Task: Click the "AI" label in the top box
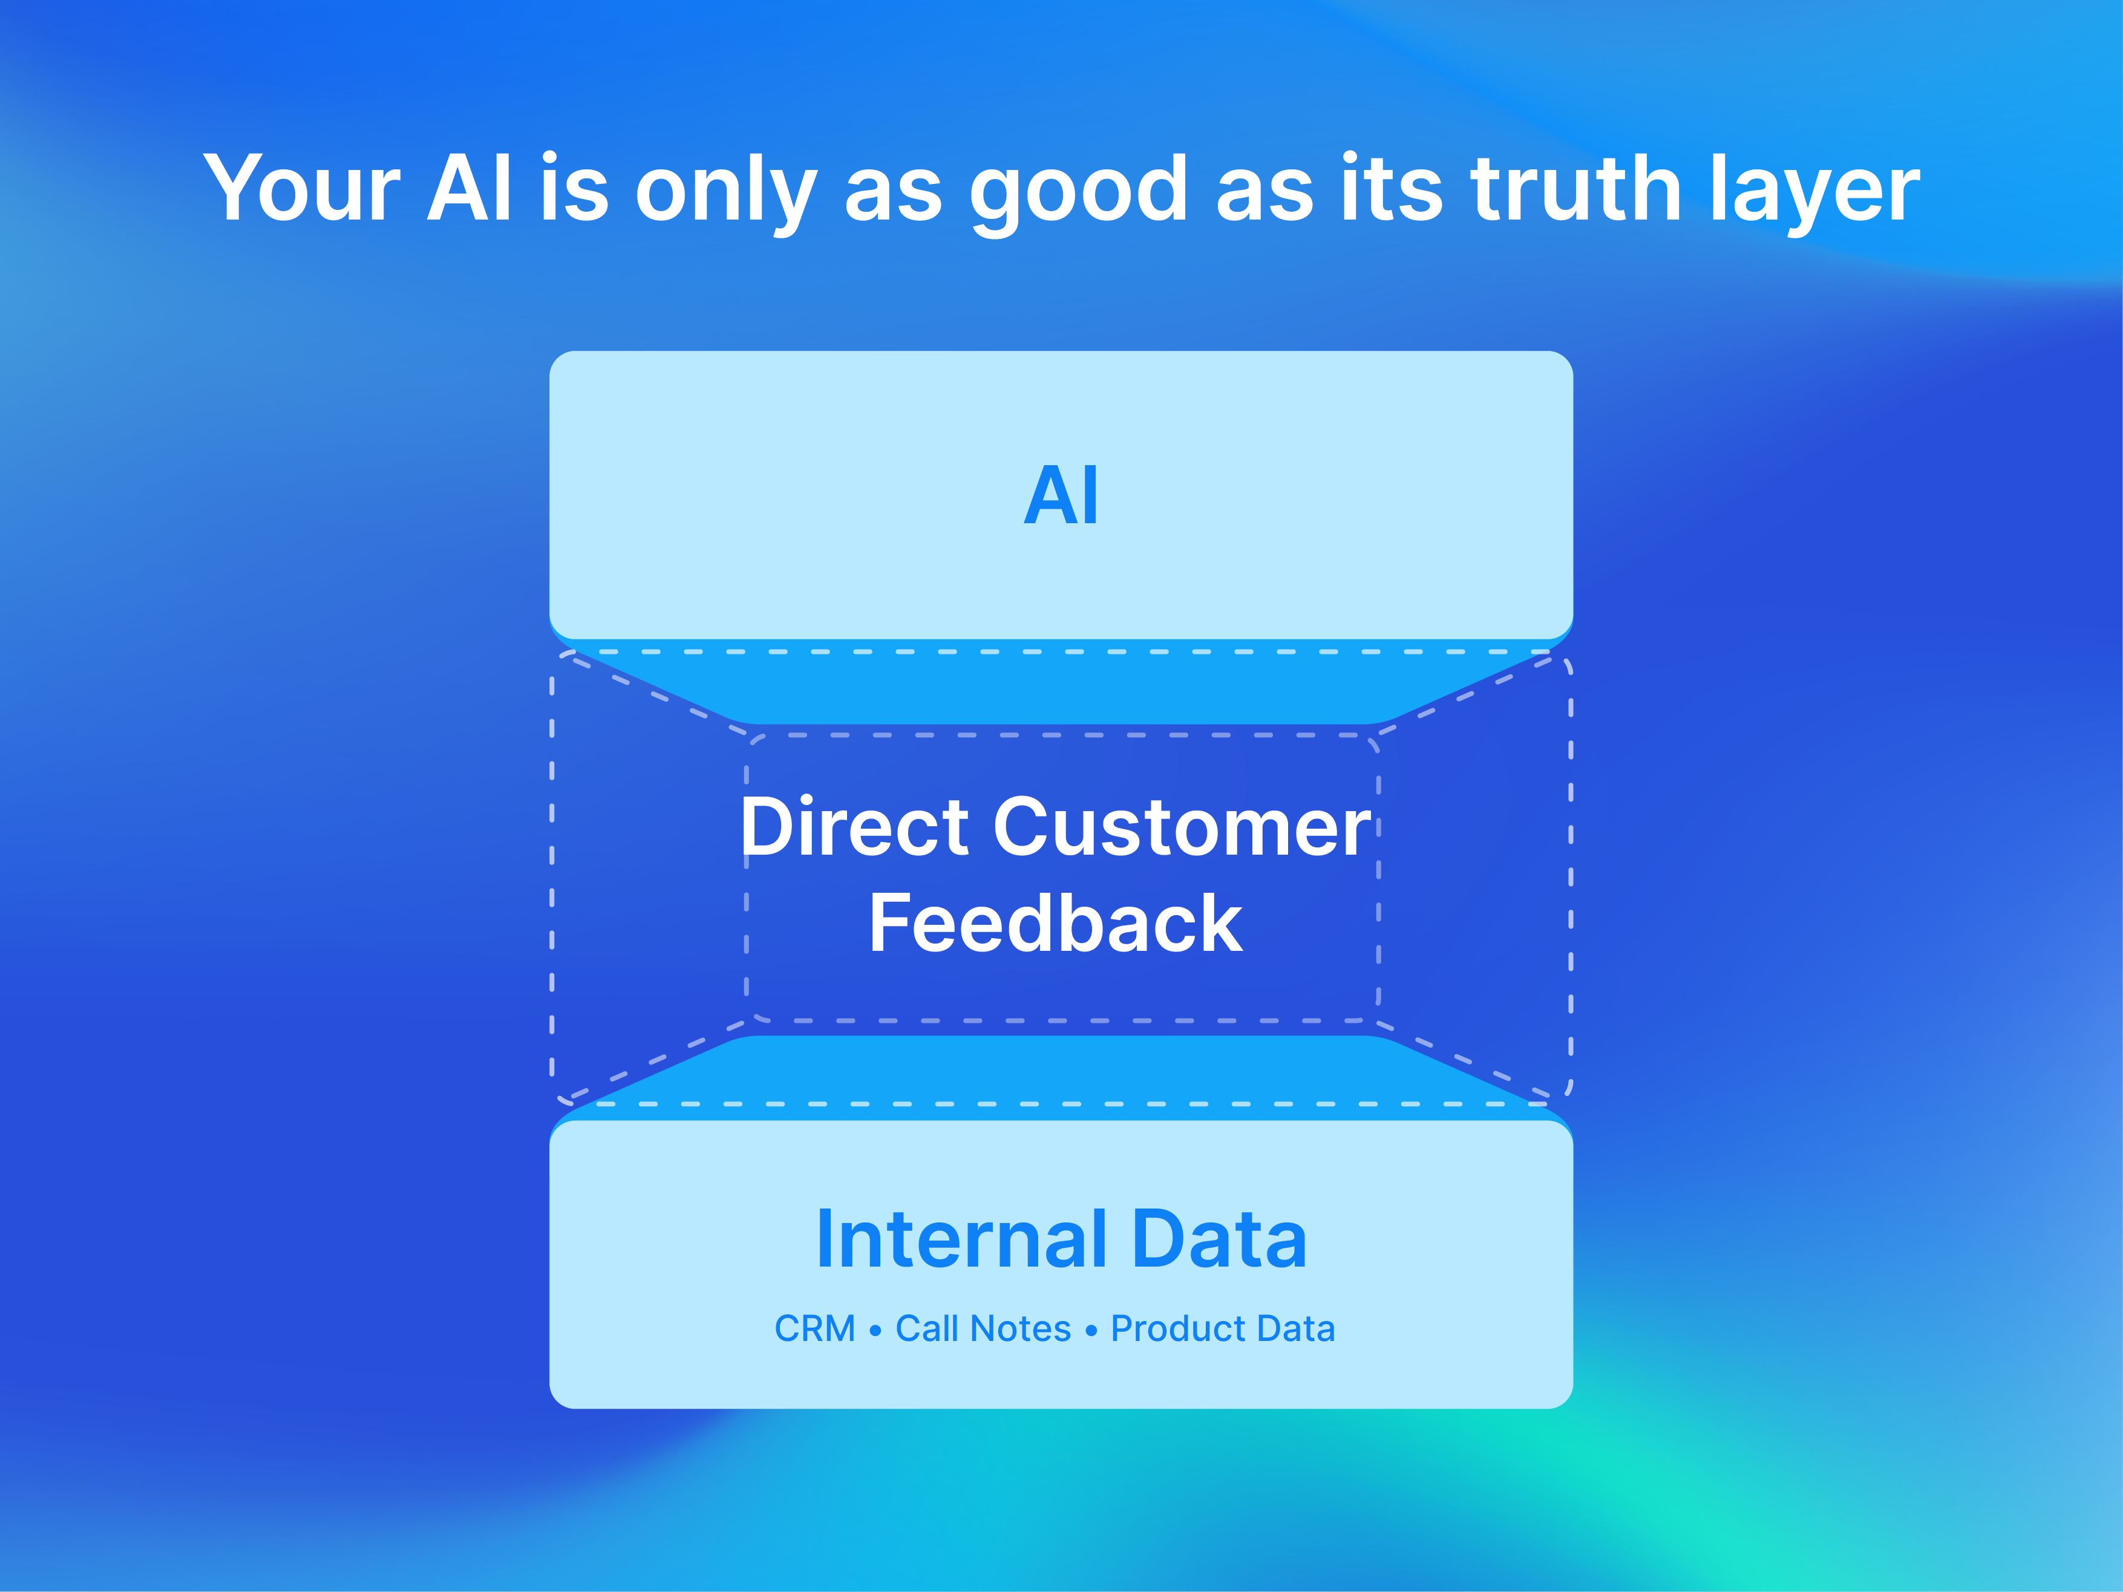[1061, 495]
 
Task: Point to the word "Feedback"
[1056, 923]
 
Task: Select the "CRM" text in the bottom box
[815, 1329]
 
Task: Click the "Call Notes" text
[983, 1329]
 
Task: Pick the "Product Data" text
[1223, 1329]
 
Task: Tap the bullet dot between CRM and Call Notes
[875, 1331]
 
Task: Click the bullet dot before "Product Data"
[1091, 1331]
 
